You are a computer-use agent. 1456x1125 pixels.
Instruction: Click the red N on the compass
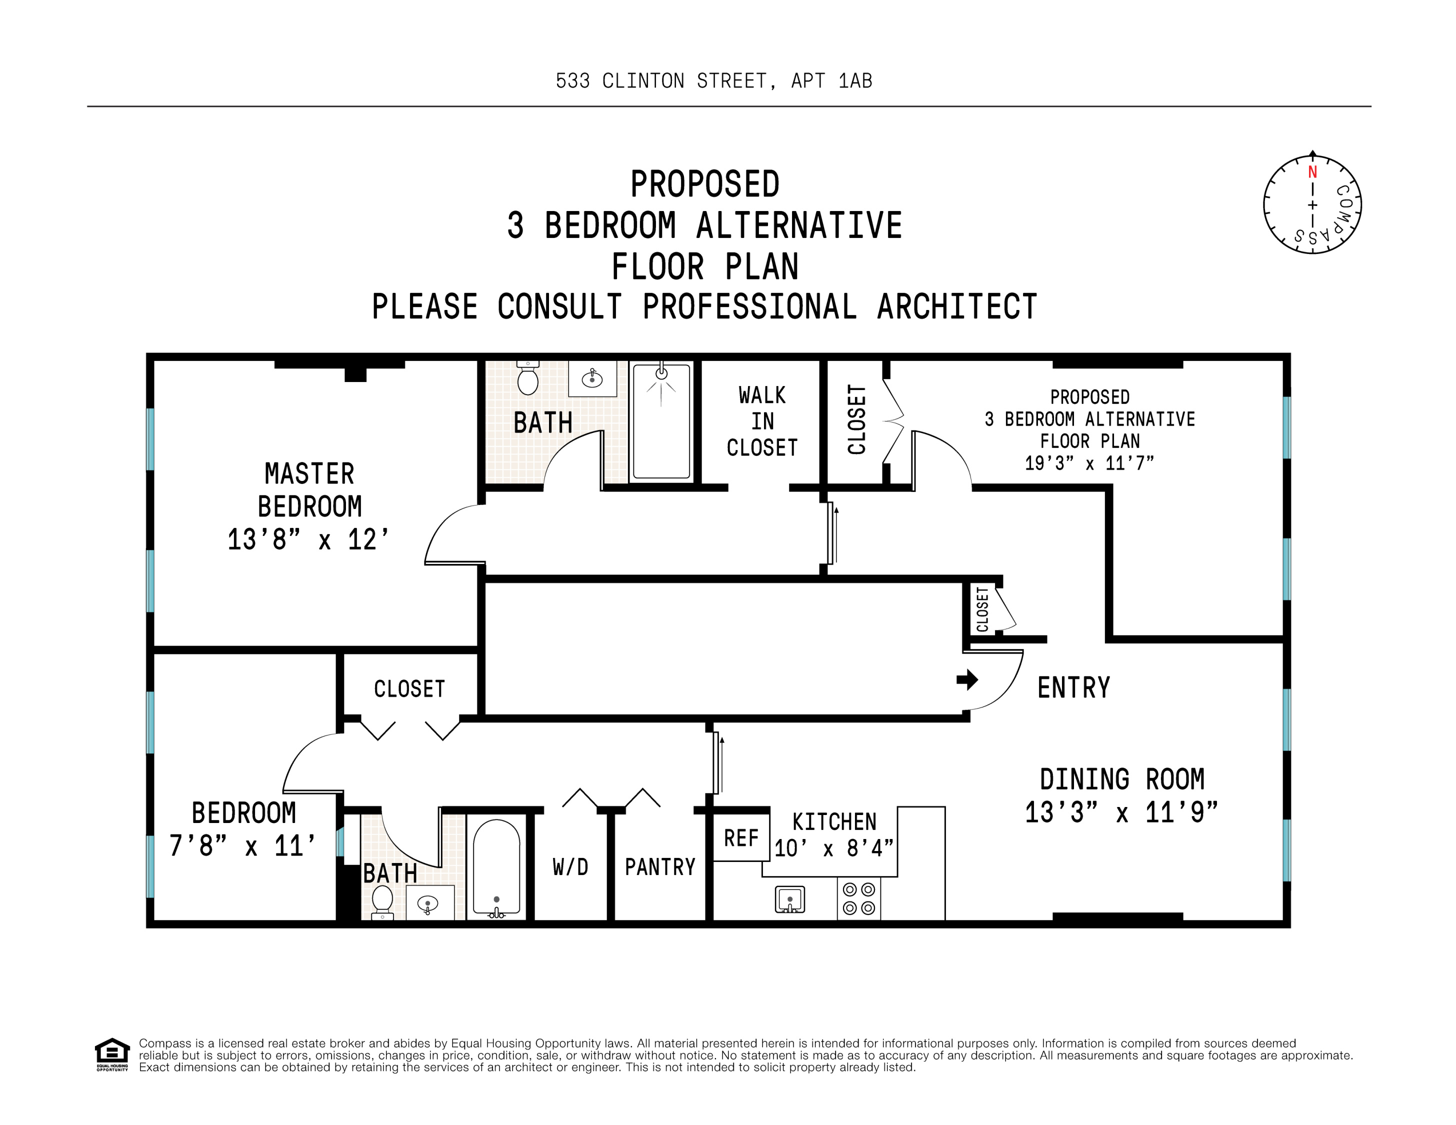tap(1312, 172)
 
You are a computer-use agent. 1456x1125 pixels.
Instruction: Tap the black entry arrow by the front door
tap(966, 680)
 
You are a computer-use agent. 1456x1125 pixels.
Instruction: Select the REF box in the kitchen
tap(740, 838)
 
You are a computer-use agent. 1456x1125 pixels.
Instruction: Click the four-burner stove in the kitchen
tap(858, 898)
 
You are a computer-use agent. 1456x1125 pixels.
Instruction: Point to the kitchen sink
tap(790, 899)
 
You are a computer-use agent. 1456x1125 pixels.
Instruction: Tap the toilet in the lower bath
tap(382, 901)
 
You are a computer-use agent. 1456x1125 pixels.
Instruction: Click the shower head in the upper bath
tap(661, 373)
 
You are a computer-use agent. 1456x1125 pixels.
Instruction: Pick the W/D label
tap(570, 866)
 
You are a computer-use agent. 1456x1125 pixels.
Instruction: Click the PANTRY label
tap(660, 866)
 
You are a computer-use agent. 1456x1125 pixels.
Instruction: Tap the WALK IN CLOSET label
tap(762, 421)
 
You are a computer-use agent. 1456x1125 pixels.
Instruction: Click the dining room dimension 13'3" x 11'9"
tap(1121, 812)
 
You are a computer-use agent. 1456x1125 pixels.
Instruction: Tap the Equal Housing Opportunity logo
tap(112, 1054)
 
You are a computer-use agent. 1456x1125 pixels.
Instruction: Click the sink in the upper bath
tap(592, 379)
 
